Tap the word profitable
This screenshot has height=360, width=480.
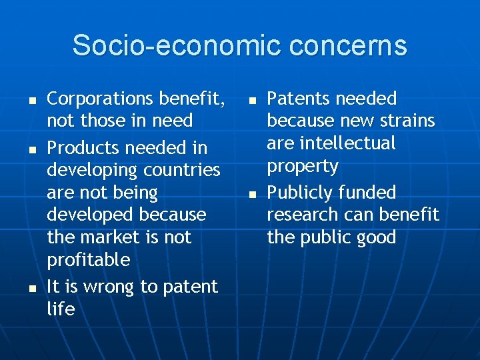[88, 260]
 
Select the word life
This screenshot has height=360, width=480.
[61, 309]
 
